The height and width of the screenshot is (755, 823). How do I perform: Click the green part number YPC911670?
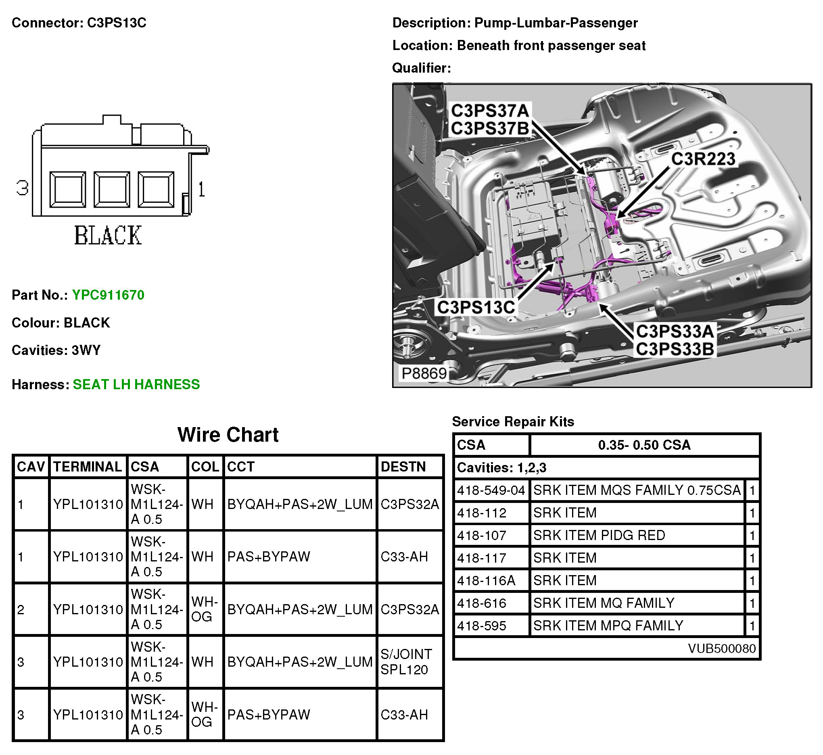tap(108, 295)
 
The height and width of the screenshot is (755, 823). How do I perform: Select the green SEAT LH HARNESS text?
tap(136, 384)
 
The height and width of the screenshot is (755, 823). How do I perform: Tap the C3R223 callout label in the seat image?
tap(703, 159)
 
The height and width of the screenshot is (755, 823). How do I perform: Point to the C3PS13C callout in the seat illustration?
tap(476, 307)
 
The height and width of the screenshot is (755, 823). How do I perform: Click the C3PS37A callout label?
tap(490, 111)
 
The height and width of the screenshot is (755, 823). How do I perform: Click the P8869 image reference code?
tap(424, 373)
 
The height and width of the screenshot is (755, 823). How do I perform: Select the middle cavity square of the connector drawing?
tap(112, 189)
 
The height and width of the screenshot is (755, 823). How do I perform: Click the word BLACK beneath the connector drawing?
tap(108, 235)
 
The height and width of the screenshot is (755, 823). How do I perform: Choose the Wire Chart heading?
tap(228, 435)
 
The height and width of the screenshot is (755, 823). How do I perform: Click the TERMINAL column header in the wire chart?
tap(88, 467)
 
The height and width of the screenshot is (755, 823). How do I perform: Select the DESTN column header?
tap(403, 467)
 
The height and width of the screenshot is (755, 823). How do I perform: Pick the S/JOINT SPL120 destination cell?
tap(406, 662)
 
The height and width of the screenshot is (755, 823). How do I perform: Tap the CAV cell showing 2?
tap(21, 609)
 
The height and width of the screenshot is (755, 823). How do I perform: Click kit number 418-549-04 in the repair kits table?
tap(491, 490)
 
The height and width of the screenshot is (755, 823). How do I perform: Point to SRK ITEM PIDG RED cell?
tap(599, 535)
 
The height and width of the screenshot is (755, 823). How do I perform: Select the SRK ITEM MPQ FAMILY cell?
tap(608, 626)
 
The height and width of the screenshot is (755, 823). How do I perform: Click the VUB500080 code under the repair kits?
tap(721, 649)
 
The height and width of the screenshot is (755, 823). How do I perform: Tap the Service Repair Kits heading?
tap(513, 421)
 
